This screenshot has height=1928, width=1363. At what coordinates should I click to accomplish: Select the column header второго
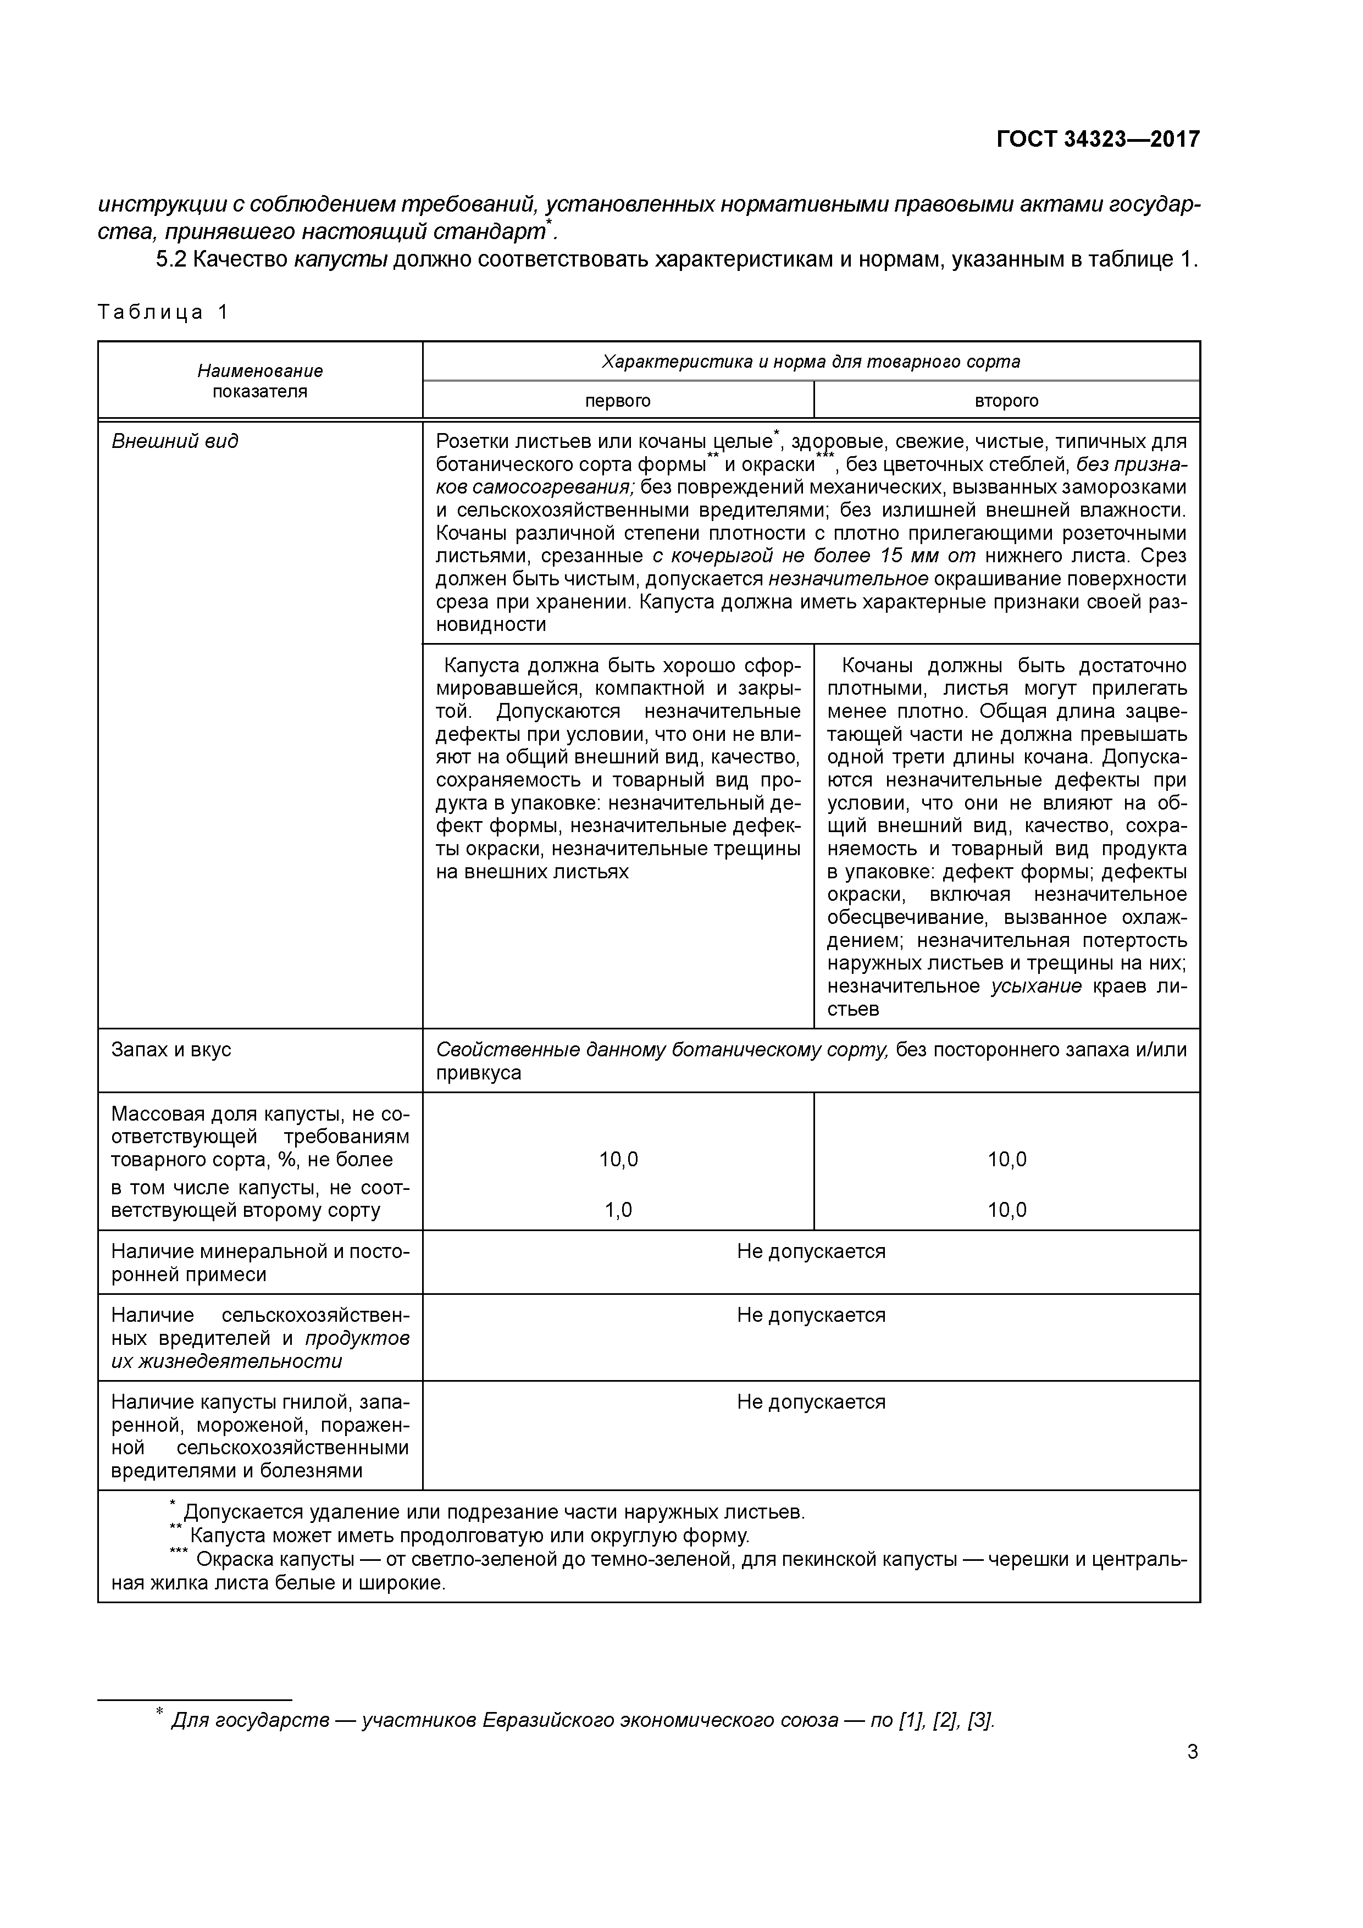[x=1006, y=401]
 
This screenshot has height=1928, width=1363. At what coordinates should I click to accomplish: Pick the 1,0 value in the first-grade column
[x=618, y=1210]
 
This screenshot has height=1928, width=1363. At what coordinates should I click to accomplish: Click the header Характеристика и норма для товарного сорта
[x=811, y=362]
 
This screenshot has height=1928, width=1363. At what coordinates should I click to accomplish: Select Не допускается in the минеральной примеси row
[x=811, y=1251]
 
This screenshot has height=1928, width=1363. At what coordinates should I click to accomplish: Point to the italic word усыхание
[x=1037, y=986]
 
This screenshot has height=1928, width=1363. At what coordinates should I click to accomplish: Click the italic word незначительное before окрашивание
[x=848, y=579]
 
